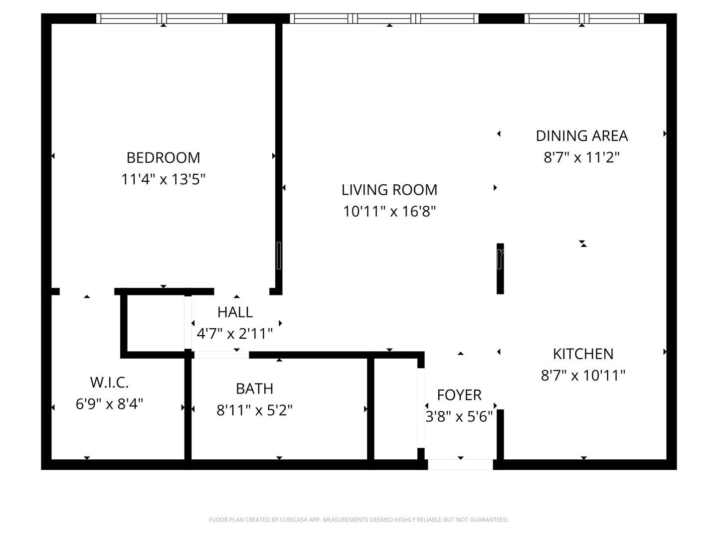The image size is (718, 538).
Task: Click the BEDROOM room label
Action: click(163, 157)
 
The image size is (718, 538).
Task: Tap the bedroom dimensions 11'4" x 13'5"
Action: click(163, 179)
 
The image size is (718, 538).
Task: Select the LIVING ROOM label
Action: click(389, 190)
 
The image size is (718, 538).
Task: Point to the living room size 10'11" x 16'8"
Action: click(389, 212)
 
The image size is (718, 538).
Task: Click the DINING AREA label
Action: click(581, 135)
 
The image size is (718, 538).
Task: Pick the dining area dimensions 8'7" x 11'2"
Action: click(581, 157)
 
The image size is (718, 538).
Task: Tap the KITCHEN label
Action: click(583, 354)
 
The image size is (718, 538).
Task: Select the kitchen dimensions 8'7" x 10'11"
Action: click(583, 375)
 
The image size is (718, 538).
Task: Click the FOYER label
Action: click(459, 395)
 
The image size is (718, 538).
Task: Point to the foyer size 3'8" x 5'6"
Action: click(459, 416)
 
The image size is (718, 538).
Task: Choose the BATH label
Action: click(254, 388)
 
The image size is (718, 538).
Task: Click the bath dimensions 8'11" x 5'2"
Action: click(254, 410)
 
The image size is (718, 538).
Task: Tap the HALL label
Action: click(235, 312)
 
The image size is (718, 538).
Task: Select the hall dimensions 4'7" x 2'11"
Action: click(235, 333)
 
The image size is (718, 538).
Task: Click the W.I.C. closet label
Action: click(109, 383)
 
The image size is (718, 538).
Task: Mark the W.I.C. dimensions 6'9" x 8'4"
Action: click(109, 403)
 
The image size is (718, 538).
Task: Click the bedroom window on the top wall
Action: click(162, 18)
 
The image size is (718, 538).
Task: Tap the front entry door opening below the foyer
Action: click(460, 464)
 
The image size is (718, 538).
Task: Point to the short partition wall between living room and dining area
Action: click(500, 269)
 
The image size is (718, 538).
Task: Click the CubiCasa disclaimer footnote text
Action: click(359, 520)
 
